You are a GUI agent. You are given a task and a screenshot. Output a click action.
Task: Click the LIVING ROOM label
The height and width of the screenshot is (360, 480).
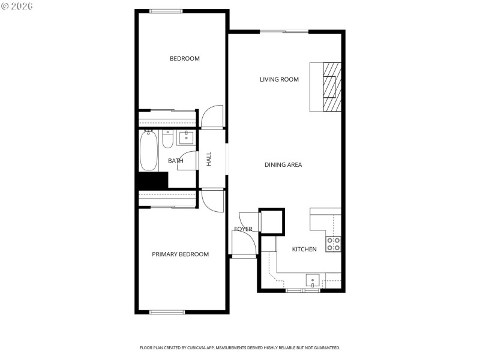pos(279,79)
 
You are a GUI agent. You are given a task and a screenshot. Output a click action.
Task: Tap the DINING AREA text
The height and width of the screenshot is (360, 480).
pos(283,164)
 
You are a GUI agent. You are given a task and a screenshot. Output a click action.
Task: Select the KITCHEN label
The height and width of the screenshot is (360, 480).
pos(304,249)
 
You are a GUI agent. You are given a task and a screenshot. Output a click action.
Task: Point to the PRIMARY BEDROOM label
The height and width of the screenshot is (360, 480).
pos(180,254)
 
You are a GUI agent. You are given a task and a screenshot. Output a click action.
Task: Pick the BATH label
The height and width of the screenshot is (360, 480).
pos(175,161)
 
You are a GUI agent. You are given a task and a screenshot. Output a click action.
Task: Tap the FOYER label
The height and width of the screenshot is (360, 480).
pos(243,229)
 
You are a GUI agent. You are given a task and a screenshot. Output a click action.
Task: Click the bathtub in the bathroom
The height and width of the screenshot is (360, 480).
pos(149,151)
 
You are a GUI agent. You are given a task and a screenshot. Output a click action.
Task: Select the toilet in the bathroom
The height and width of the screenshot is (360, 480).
pos(167,140)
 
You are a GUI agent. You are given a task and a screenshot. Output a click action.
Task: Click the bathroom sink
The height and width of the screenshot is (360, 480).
pos(187,137)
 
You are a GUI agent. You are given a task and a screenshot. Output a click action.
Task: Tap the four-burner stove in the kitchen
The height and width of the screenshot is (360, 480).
pos(333,244)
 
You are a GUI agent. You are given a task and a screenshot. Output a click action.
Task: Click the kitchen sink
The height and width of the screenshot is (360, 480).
pos(313,281)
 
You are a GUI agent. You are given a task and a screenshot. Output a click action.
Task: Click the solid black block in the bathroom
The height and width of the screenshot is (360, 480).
pos(152,180)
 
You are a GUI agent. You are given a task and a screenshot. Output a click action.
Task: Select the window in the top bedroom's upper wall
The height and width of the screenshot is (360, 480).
pos(166,10)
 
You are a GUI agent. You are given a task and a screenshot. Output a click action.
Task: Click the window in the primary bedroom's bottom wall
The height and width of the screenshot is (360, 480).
pos(167,311)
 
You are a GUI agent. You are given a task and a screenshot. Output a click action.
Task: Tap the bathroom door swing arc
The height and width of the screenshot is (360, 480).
pos(188,161)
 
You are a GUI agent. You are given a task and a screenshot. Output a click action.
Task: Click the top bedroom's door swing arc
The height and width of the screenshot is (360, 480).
pos(212,116)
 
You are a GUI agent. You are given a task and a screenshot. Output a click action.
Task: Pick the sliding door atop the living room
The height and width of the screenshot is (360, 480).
pos(284,31)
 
